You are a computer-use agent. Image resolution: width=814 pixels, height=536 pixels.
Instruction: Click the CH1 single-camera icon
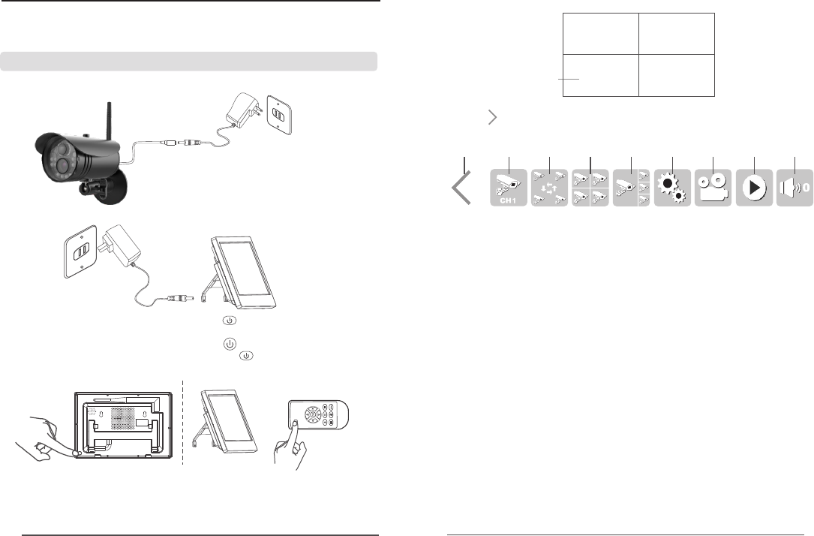coord(509,188)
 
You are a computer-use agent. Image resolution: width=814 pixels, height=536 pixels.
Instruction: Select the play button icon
coord(752,188)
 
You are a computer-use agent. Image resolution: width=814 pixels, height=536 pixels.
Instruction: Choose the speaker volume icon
coord(794,188)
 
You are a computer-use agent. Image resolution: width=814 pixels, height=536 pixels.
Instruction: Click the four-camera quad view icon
coord(590,188)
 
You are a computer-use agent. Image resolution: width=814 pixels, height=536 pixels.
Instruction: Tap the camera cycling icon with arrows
coord(550,188)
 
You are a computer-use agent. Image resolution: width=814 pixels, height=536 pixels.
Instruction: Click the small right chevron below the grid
coord(492,116)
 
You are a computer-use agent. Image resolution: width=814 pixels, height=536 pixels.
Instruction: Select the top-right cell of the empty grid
coord(676,33)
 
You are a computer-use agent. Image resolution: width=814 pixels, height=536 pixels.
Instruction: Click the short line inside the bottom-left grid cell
coord(568,77)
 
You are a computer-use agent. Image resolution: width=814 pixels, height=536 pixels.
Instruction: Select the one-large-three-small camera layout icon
coord(631,188)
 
